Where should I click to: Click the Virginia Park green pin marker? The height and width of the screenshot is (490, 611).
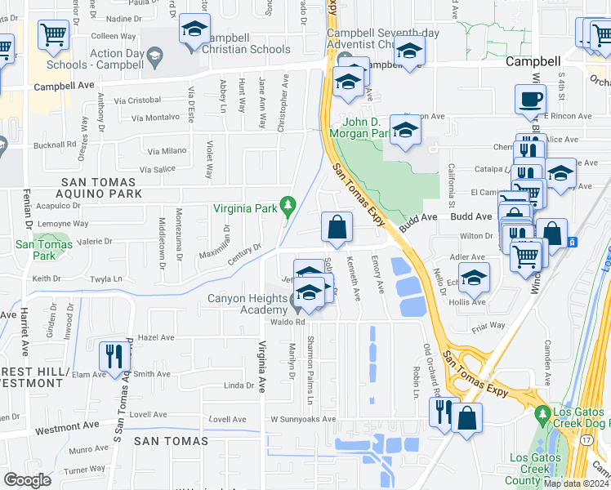[x=287, y=204]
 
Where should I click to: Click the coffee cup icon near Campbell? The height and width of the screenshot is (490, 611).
[x=530, y=100]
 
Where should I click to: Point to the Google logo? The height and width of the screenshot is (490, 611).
[x=27, y=480]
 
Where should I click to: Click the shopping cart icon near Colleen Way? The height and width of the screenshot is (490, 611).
[x=53, y=35]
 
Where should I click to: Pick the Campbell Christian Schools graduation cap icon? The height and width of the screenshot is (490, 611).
[x=194, y=29]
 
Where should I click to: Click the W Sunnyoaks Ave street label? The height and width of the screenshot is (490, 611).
[x=303, y=420]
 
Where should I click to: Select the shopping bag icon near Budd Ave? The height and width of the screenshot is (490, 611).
[x=337, y=227]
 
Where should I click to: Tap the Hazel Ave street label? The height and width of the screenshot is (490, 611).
[x=156, y=337]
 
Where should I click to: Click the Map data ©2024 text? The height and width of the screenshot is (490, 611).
[x=573, y=483]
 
